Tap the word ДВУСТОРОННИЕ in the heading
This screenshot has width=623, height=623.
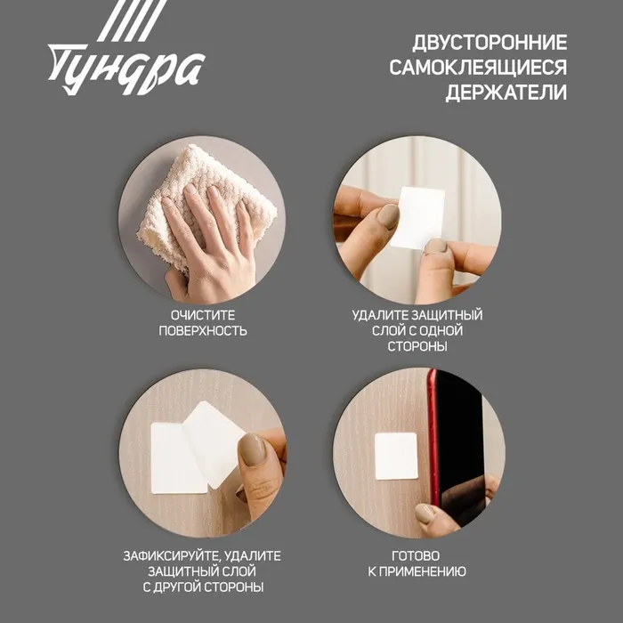click(489, 43)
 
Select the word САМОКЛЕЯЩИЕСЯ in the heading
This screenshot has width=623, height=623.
click(478, 67)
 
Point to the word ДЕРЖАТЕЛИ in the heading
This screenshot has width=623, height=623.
click(506, 93)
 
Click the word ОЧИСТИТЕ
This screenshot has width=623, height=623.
click(203, 315)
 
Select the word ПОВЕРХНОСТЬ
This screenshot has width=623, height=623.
click(203, 331)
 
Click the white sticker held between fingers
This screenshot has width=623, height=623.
click(418, 218)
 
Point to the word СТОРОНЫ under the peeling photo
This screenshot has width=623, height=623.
click(417, 346)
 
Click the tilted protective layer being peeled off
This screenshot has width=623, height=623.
click(214, 443)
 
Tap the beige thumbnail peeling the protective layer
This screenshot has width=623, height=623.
click(252, 449)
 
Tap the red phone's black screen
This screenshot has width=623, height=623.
click(461, 449)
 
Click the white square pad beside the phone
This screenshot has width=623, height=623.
click(396, 456)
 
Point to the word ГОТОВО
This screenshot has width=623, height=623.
click(416, 556)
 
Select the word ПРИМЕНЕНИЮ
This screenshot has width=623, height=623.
click(422, 571)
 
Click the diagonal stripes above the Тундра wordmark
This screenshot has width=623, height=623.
click(132, 20)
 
